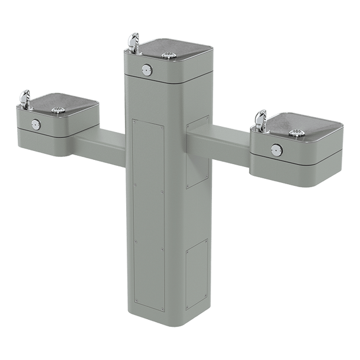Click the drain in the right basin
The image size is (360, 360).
[x=303, y=134]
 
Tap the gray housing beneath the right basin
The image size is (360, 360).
[x=296, y=169]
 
